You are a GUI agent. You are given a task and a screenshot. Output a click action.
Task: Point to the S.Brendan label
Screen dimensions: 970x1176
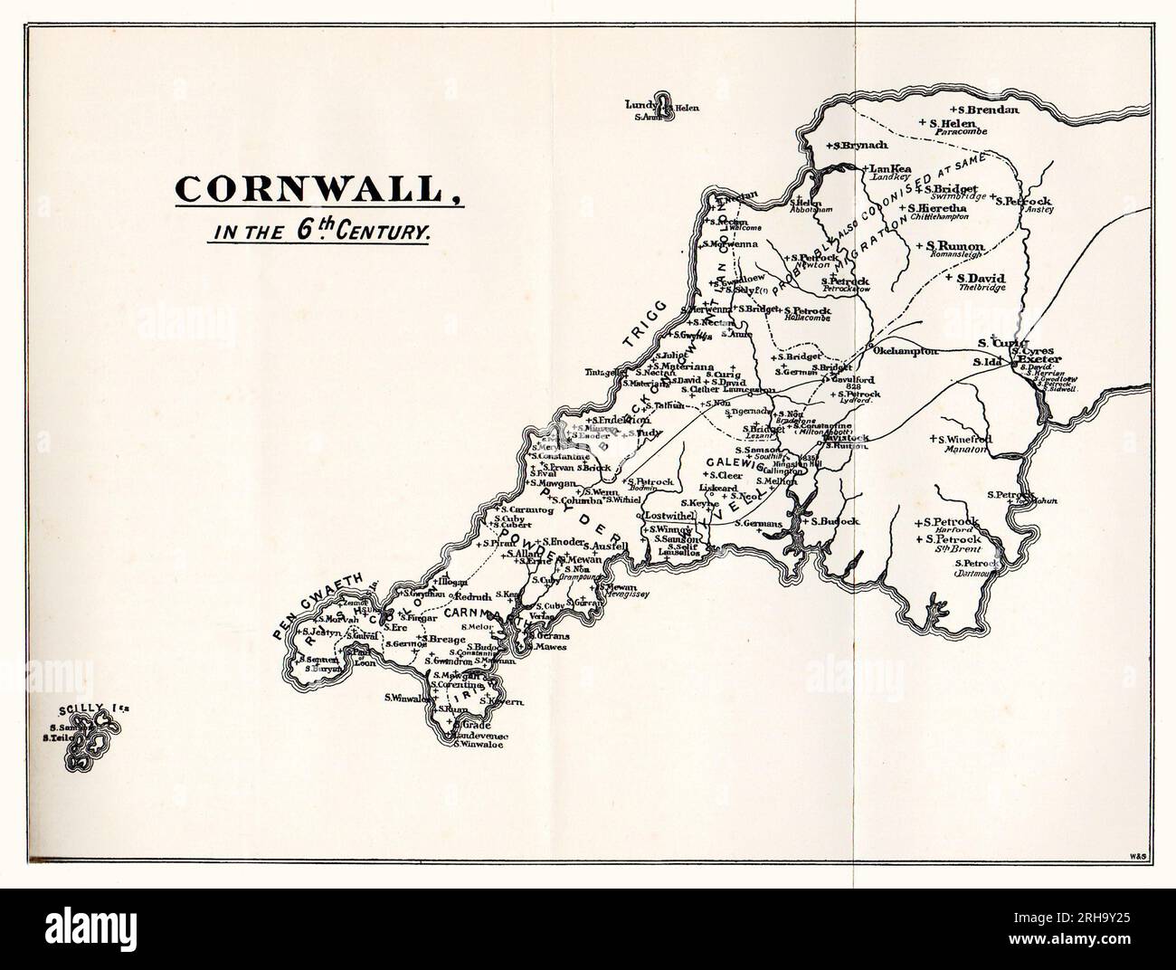click(988, 109)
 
